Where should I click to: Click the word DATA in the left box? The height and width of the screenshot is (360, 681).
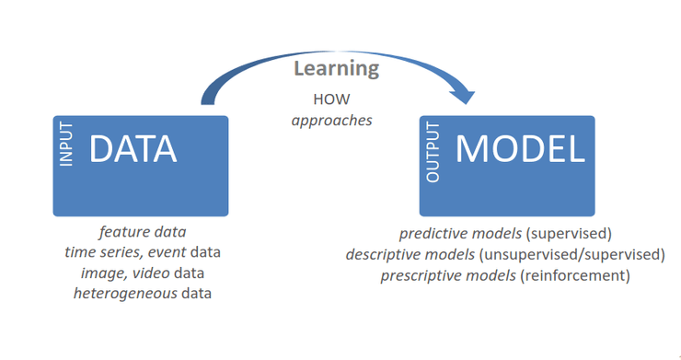tap(133, 150)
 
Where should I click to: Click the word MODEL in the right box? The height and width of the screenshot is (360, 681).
tap(520, 150)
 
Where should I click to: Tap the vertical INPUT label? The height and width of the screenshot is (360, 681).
tap(66, 146)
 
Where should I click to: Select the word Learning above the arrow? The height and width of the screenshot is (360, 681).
tap(336, 68)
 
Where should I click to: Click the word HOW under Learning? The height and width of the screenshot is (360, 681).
tap(332, 99)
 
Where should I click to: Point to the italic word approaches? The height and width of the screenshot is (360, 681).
tap(332, 120)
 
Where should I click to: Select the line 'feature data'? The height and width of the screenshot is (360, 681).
tap(148, 232)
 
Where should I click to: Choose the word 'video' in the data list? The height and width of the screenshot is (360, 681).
tap(154, 273)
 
